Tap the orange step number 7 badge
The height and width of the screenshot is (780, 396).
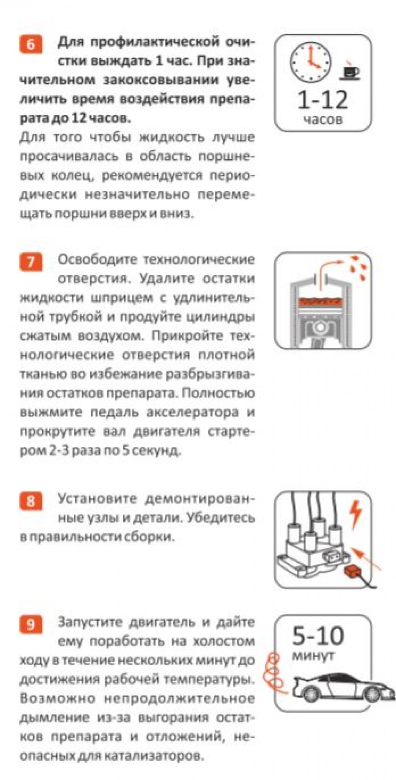coord(31,262)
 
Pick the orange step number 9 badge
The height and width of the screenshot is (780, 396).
coord(31,625)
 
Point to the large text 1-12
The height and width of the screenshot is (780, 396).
coord(323,100)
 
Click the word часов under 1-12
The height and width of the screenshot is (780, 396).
coord(323,120)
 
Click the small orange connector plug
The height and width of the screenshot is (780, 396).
coord(352,572)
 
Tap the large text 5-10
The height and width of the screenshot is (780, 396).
coord(319,635)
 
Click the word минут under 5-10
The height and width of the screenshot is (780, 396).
coord(313,656)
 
